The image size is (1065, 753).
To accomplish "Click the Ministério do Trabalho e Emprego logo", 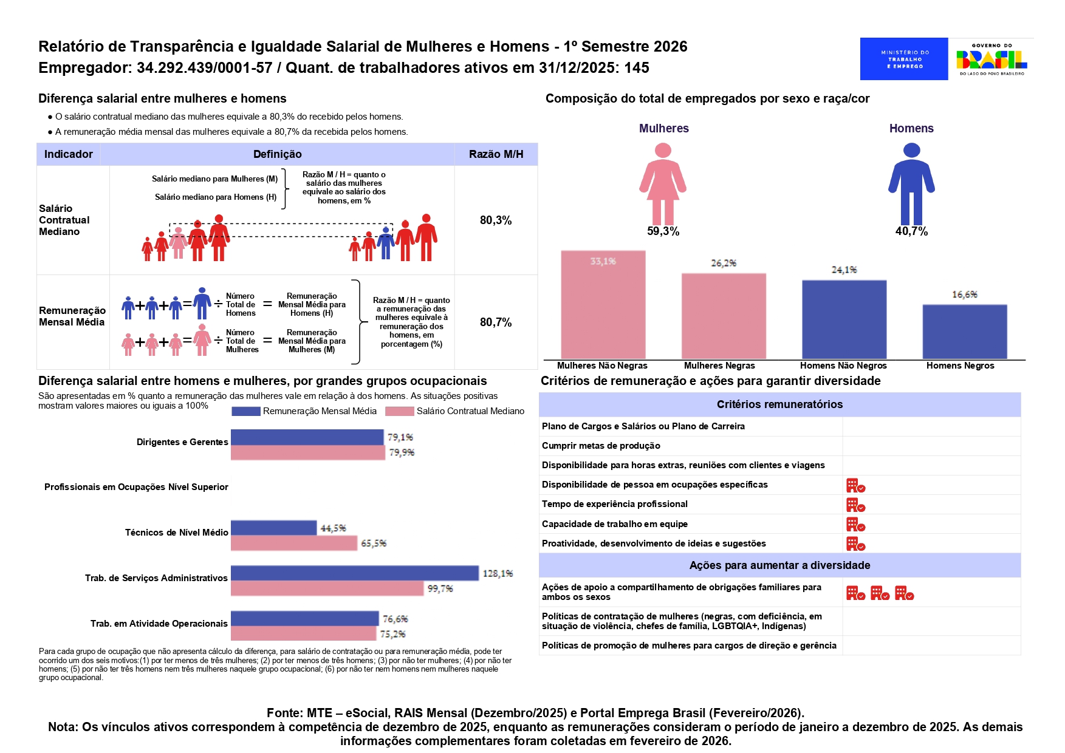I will pos(903,59).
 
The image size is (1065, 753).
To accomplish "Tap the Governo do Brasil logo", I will pos(991,59).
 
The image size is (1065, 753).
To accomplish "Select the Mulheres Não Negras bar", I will pos(603,305).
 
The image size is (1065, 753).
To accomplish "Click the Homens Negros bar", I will pos(964,332).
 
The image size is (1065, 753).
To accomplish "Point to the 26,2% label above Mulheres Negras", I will pos(723,263).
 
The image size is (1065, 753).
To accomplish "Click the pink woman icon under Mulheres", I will pos(662,184).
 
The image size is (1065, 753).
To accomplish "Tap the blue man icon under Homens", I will pos(911,184).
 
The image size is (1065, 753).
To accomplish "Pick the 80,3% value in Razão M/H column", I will pos(496,220).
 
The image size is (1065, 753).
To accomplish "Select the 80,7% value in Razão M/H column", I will pos(496,322).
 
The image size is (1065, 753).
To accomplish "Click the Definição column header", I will pos(277,154).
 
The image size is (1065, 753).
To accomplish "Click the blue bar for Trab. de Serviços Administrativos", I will pos(354,573).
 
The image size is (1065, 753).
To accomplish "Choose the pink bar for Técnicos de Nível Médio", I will pos(293,543).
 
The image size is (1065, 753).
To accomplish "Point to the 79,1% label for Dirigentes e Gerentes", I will pos(400,437).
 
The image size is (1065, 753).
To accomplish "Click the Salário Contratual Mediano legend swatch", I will pos(400,411).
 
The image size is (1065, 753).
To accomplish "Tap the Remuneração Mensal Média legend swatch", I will pos(246,411).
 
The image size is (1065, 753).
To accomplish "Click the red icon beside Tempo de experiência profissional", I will pos(855,505).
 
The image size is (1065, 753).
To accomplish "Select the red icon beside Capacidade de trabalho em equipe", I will pos(855,524).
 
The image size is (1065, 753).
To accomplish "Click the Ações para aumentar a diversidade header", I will pos(779,565).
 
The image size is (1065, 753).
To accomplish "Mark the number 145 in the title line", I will pos(636,68).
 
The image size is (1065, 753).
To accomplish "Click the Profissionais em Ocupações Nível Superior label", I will pos(136,487).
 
